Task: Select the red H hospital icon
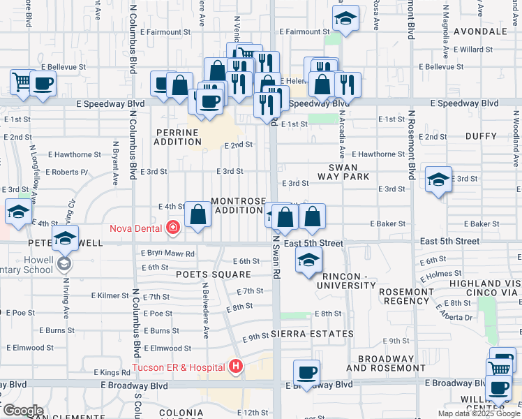click(237, 366)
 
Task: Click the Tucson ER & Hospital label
click(179, 367)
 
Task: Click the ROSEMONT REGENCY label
click(405, 295)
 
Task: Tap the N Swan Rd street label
click(276, 256)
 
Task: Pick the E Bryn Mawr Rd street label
click(167, 253)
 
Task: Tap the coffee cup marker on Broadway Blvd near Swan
click(306, 371)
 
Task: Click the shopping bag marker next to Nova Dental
click(198, 216)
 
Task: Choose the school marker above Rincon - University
click(306, 262)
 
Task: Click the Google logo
click(22, 411)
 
